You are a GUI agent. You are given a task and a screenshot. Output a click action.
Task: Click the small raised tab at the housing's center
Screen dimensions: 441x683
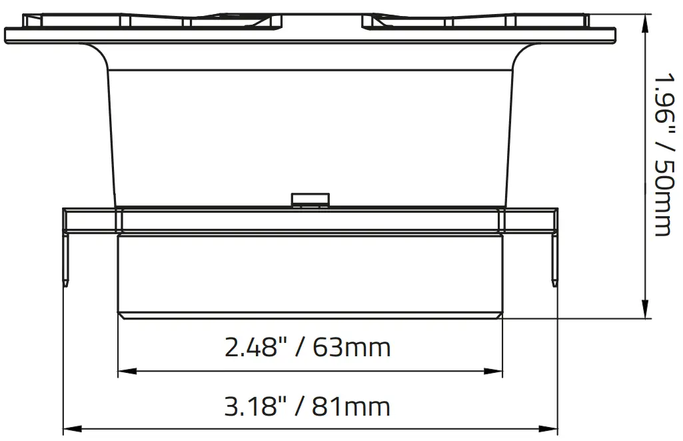pyautogui.click(x=311, y=199)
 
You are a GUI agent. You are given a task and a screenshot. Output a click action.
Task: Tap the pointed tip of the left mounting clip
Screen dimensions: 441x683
pyautogui.click(x=65, y=285)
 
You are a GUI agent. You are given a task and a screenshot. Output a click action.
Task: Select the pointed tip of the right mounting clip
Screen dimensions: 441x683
pyautogui.click(x=555, y=285)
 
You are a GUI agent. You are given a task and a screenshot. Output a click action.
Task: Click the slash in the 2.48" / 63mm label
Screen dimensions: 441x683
pyautogui.click(x=299, y=348)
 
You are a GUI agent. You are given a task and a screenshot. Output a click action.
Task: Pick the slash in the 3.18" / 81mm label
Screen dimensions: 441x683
pyautogui.click(x=299, y=406)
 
